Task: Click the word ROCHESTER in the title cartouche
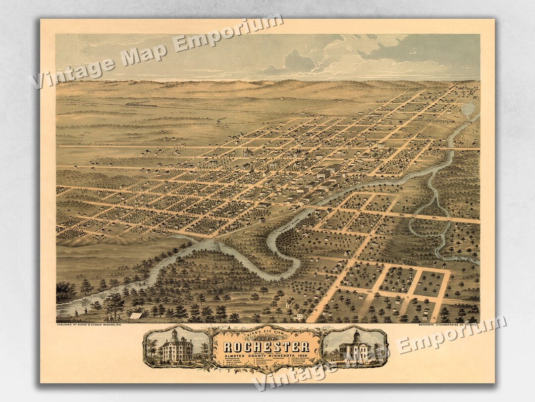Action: (267, 346)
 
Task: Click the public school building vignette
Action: (177, 346)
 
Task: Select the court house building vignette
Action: (355, 346)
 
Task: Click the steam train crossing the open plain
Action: (141, 105)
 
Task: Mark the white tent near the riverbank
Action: (135, 315)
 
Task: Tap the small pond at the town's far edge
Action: (468, 108)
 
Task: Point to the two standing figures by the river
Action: (80, 312)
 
